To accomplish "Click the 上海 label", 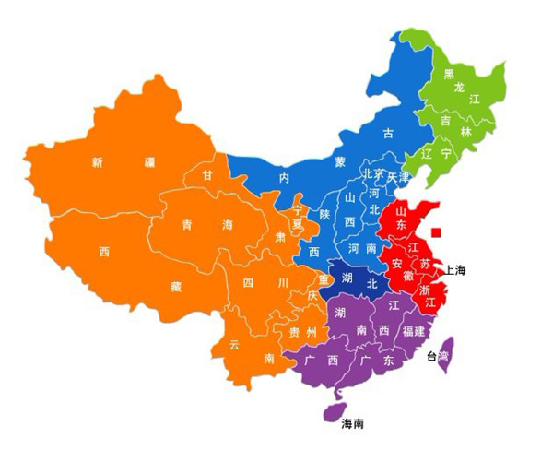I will [455, 270].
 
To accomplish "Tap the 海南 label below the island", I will [352, 425].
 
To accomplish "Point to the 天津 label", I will [397, 175].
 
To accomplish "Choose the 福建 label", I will [413, 330].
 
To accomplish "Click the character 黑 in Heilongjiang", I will [449, 74].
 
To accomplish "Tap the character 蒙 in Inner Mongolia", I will [341, 162].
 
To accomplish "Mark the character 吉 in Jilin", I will [445, 119].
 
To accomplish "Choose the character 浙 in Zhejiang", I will [425, 289].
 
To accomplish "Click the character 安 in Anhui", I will [397, 264].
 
